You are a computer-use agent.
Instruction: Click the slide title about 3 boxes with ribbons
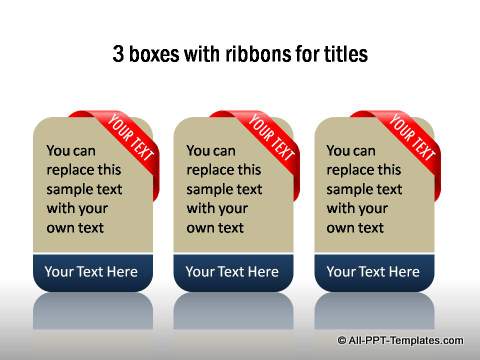(240, 54)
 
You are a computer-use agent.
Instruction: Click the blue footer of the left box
(92, 271)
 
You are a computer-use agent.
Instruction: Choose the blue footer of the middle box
(232, 271)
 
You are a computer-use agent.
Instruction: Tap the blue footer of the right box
(373, 271)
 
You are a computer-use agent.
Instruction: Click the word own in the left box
(62, 228)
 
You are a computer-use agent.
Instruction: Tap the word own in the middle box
(202, 228)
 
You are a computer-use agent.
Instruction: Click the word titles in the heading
(344, 54)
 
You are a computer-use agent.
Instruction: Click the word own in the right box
(342, 228)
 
